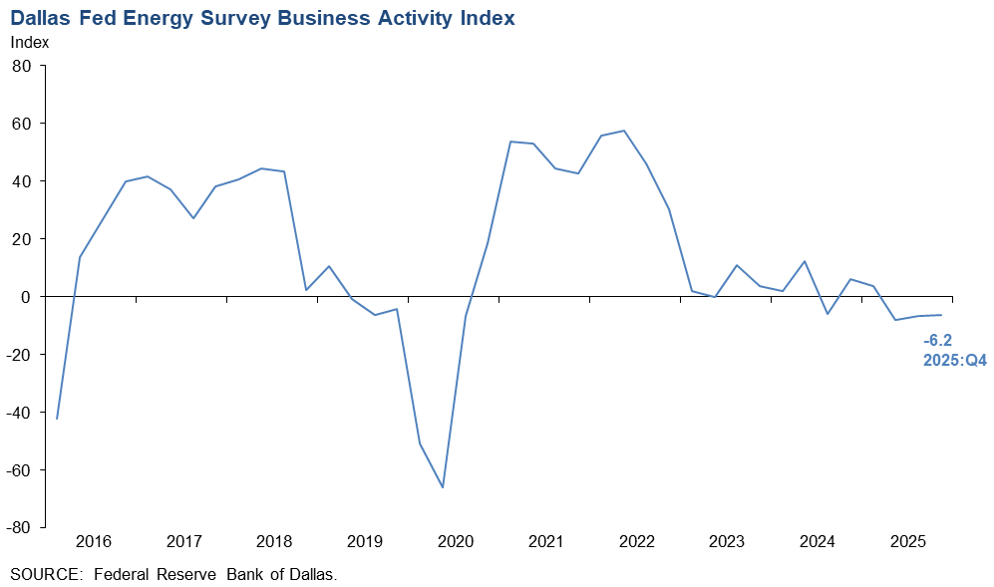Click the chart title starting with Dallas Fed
[x=263, y=18]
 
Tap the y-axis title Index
[x=29, y=43]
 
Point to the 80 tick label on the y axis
[x=23, y=66]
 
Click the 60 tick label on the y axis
[x=23, y=124]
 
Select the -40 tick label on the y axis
[x=19, y=412]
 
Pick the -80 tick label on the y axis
[x=19, y=527]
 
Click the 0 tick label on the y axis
[x=28, y=297]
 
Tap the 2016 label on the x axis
[x=93, y=542]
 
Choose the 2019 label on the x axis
[x=365, y=542]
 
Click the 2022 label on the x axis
[x=636, y=542]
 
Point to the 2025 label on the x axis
[x=908, y=542]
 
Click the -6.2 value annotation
[x=938, y=340]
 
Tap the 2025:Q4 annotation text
[x=954, y=360]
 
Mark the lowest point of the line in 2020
[x=443, y=487]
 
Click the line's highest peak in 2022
[x=624, y=131]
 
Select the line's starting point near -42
[x=57, y=419]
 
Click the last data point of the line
[x=941, y=315]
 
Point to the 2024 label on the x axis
[x=818, y=542]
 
